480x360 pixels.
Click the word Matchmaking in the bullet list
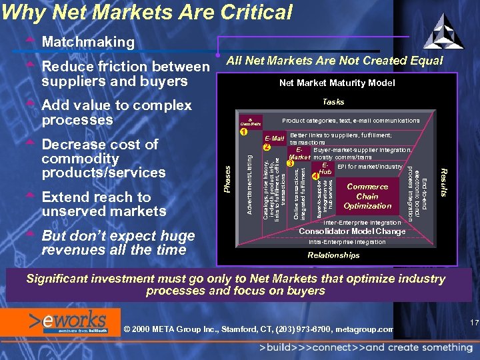88,42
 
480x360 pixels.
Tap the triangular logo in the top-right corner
443,31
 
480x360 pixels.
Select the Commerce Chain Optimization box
367,197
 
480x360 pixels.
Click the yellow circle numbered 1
245,131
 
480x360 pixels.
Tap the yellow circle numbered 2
266,147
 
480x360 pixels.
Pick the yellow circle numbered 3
290,163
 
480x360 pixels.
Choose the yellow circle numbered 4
315,177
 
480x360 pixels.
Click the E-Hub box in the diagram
325,169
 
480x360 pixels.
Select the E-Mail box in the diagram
275,139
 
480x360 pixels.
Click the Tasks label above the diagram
333,102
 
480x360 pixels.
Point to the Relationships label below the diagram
333,255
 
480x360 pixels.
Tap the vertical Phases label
228,180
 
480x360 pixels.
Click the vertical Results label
443,181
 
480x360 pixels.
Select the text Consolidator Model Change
352,231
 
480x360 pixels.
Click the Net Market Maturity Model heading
337,83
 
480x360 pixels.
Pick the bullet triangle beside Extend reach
29,197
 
